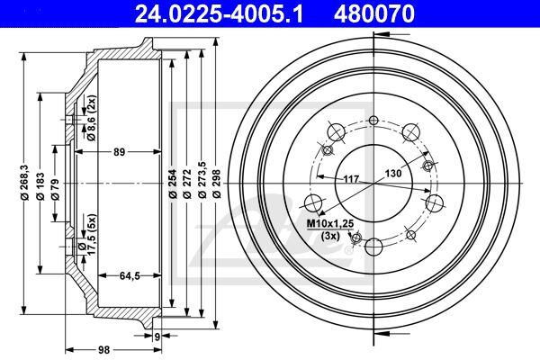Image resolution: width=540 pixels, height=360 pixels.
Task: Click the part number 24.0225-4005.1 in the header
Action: click(219, 13)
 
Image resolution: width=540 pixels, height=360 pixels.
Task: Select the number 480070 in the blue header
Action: click(374, 13)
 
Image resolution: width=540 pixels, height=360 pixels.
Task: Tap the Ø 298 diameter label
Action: click(216, 184)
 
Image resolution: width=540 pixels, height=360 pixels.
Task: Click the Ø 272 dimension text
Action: click(187, 184)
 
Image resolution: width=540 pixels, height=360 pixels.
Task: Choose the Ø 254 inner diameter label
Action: click(173, 184)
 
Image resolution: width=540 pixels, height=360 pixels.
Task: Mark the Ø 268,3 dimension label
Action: click(24, 182)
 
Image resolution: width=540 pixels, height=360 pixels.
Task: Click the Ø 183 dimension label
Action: click(40, 186)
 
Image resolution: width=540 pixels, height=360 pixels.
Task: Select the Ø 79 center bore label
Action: click(55, 189)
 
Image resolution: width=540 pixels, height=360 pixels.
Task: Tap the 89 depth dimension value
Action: click(119, 151)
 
